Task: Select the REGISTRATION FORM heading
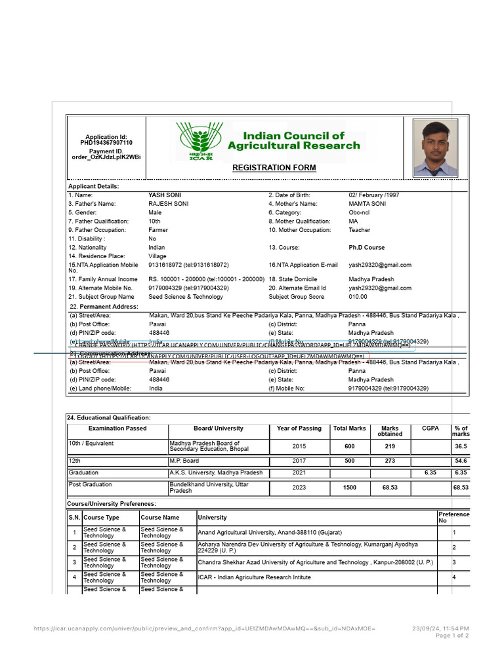pyautogui.click(x=274, y=168)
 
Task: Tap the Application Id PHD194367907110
pyautogui.click(x=106, y=142)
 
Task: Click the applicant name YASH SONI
pyautogui.click(x=165, y=195)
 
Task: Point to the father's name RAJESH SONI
pyautogui.click(x=169, y=204)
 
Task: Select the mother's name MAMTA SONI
pyautogui.click(x=367, y=204)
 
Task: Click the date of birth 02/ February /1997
pyautogui.click(x=373, y=195)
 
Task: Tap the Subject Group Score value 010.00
pyautogui.click(x=358, y=297)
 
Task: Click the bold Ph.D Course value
pyautogui.click(x=366, y=248)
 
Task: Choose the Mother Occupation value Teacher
pyautogui.click(x=359, y=231)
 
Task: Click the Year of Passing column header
pyautogui.click(x=299, y=429)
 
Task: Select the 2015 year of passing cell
pyautogui.click(x=299, y=446)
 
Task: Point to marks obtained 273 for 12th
pyautogui.click(x=390, y=461)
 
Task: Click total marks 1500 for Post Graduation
pyautogui.click(x=350, y=488)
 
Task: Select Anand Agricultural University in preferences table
pyautogui.click(x=270, y=533)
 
